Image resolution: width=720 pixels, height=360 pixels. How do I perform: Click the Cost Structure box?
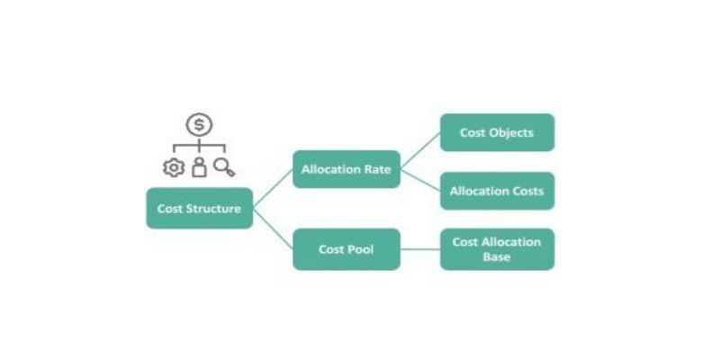pos(199,209)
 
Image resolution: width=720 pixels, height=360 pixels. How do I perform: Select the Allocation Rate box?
pos(346,169)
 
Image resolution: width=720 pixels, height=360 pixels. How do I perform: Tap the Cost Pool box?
pos(346,249)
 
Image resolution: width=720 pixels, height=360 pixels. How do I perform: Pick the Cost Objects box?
pos(497,132)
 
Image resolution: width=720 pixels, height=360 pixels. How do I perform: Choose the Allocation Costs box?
pos(497,191)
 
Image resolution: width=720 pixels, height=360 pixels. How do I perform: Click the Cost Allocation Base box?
pos(497,249)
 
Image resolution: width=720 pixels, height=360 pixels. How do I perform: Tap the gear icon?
pos(172,167)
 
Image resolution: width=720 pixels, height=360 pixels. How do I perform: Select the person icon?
pos(199,167)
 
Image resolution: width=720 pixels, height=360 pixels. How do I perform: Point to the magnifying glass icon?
pos(224,167)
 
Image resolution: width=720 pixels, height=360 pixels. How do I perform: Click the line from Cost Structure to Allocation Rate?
pos(274,189)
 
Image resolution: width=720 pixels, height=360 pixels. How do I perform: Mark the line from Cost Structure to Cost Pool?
pos(274,229)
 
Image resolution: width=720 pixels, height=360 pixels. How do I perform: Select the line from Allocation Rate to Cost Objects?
pos(420,150)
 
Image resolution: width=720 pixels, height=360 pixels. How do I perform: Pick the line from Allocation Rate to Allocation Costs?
pos(420,180)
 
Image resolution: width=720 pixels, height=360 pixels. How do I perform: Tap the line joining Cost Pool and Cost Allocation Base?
pos(420,249)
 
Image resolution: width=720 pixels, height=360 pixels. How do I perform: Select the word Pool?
pos(360,249)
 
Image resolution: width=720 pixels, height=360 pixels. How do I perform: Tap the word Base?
pos(497,257)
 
